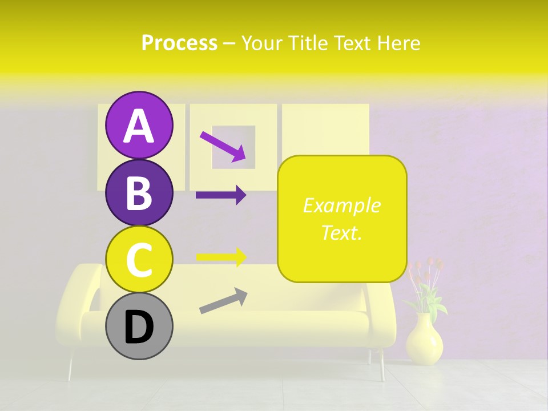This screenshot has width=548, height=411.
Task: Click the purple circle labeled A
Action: click(139, 125)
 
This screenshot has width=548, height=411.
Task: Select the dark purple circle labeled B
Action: click(139, 192)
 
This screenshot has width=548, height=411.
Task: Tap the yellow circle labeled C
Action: click(139, 259)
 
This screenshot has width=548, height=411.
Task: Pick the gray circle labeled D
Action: click(139, 327)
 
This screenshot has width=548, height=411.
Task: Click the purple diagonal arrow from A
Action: click(223, 146)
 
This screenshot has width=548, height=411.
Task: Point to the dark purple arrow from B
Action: click(221, 195)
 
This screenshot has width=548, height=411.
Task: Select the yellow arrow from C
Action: click(221, 257)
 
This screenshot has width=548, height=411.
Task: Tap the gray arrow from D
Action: click(223, 301)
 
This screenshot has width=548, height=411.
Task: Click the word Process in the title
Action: click(179, 43)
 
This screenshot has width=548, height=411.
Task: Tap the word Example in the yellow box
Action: click(341, 205)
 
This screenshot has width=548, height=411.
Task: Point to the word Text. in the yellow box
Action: click(341, 232)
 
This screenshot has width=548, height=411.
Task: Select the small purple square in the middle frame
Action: click(232, 147)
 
